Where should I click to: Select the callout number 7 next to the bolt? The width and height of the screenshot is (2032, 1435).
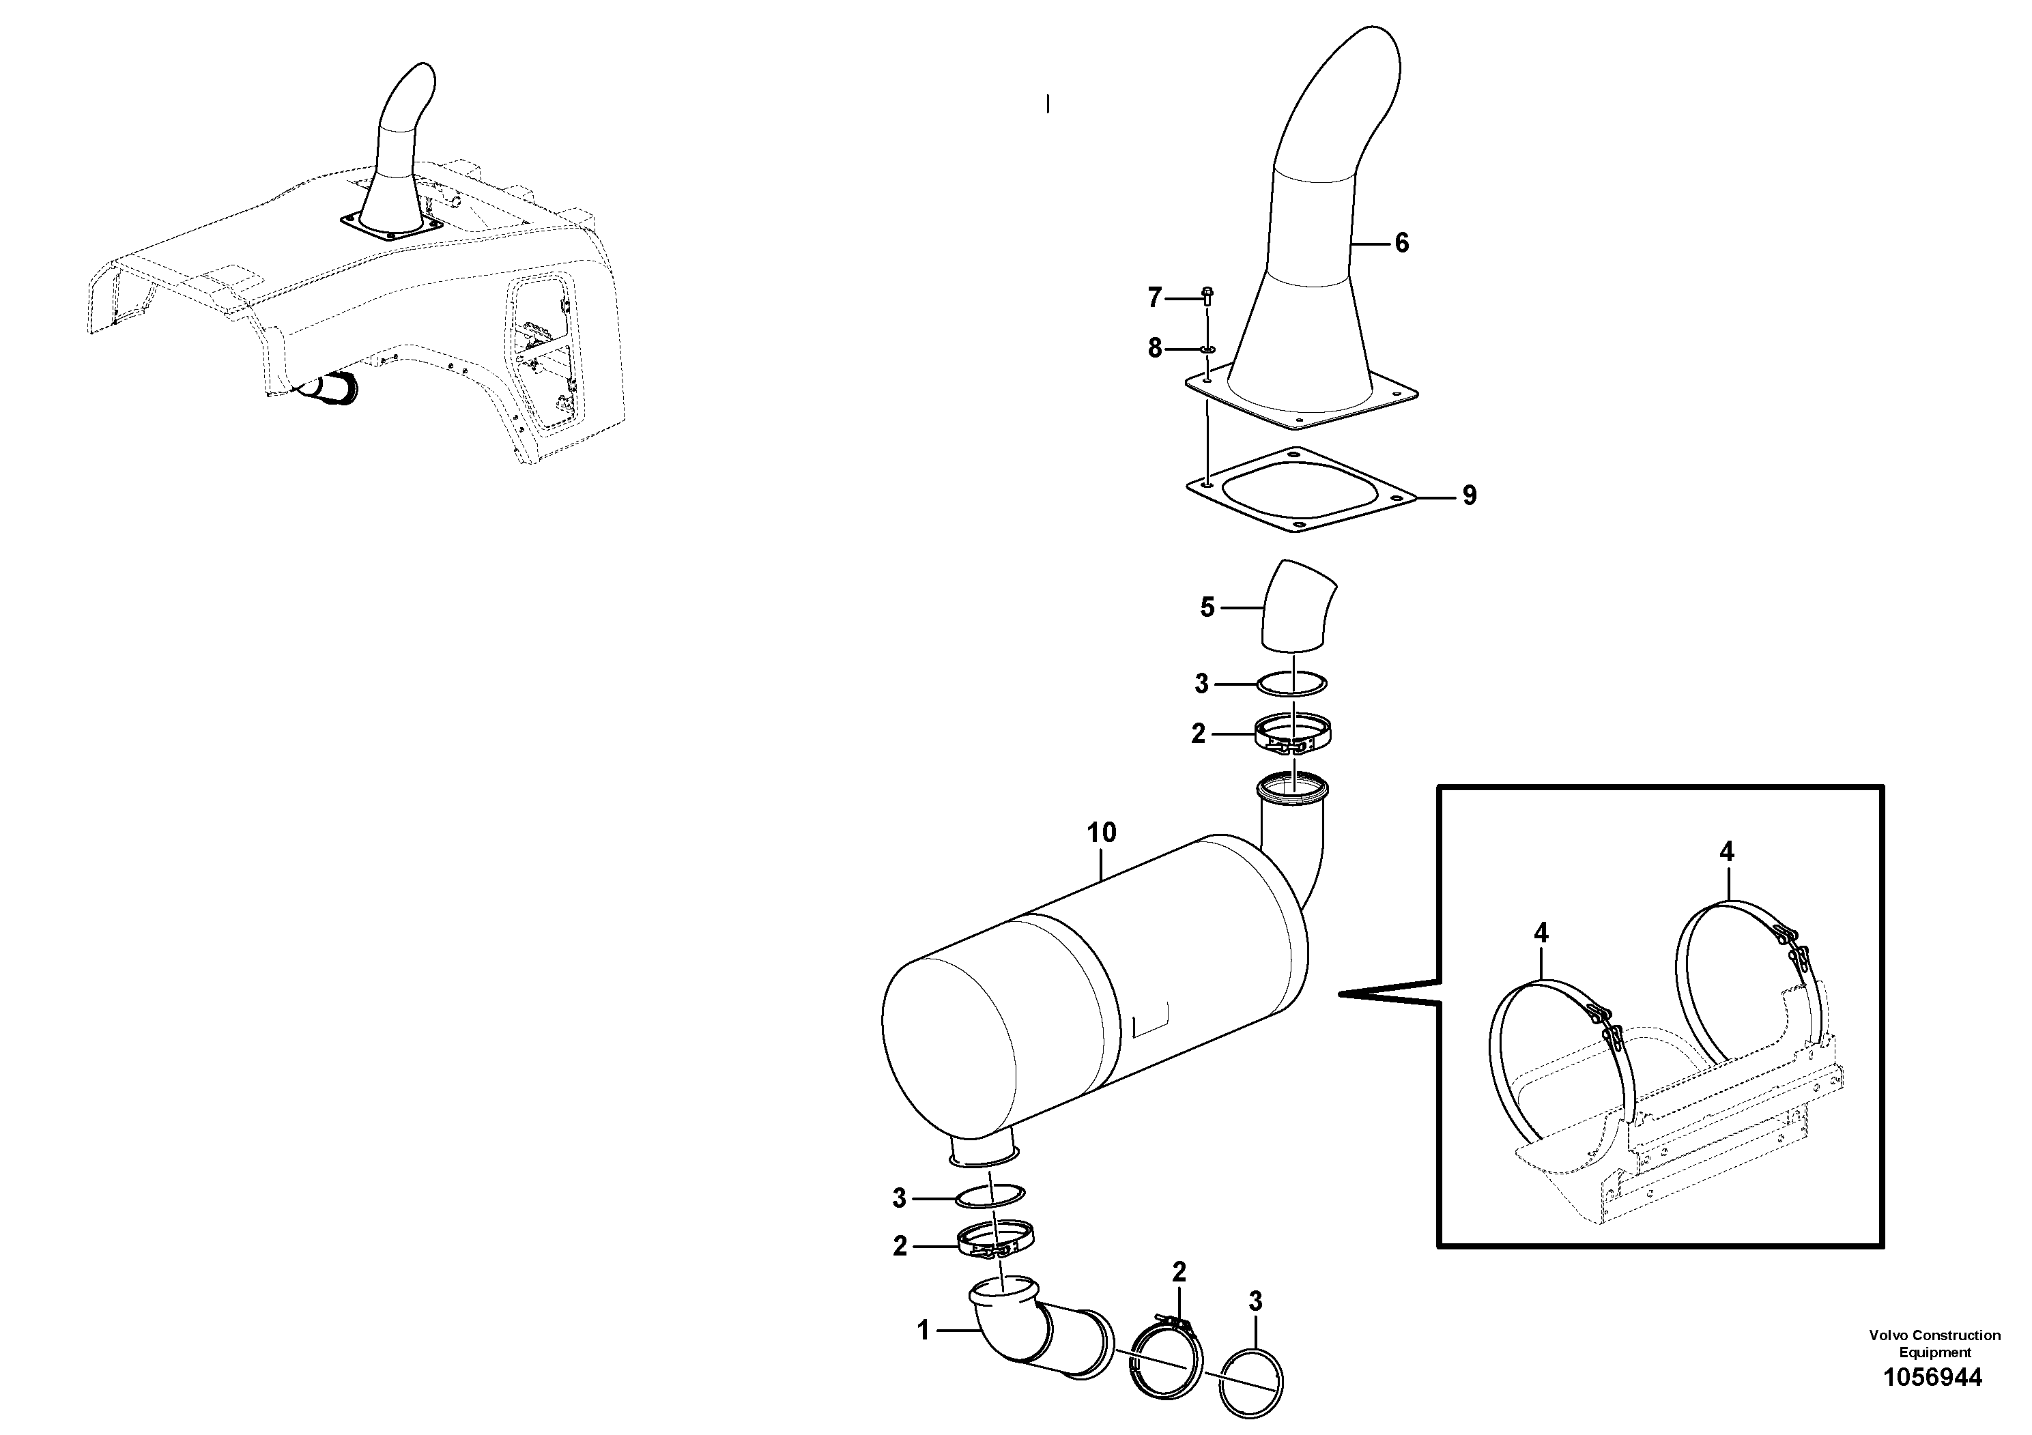(1154, 299)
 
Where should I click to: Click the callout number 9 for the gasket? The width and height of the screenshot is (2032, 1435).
(1469, 496)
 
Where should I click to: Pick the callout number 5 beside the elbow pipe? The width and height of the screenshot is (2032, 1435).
(1207, 608)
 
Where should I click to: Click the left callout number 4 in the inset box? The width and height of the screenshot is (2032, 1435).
(1541, 933)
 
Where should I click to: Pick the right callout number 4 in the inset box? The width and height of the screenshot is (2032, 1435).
(1727, 853)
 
